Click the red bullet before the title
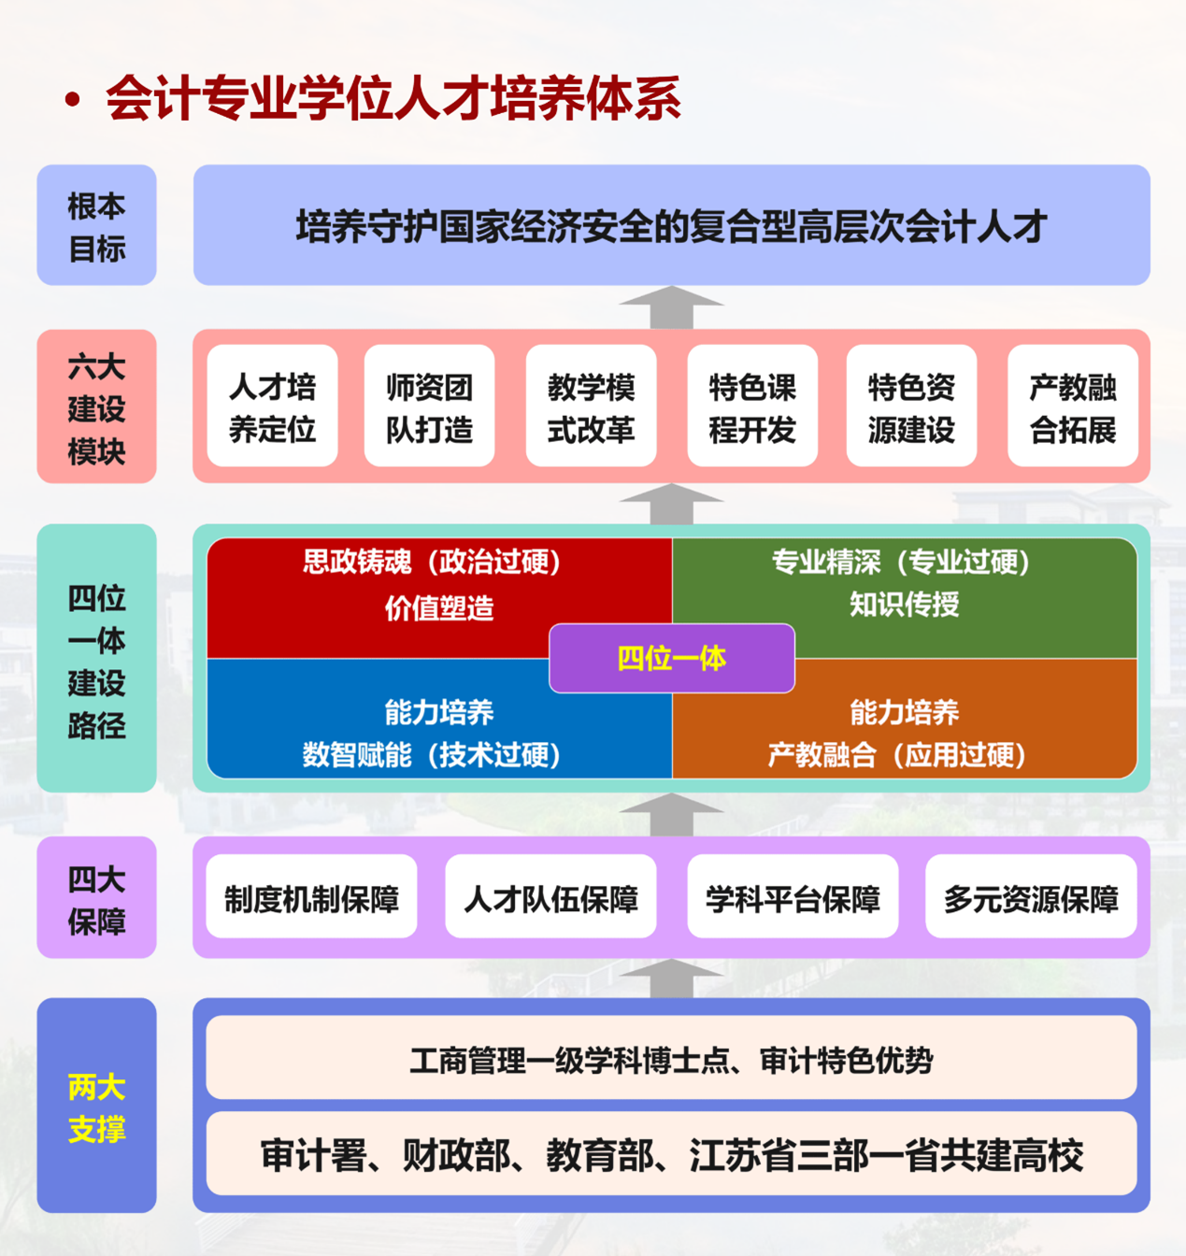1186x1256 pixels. click(72, 100)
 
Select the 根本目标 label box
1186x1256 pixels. click(96, 225)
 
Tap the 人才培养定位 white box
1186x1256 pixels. click(272, 406)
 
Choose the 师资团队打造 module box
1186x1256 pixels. click(429, 406)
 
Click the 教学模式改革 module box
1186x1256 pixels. click(591, 406)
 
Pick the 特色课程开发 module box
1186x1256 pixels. click(752, 406)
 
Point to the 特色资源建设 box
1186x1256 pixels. click(911, 406)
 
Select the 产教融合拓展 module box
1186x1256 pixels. click(1073, 406)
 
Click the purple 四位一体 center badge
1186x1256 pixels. click(672, 658)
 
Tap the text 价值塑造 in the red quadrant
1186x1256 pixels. click(438, 608)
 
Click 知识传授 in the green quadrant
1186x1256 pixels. click(904, 605)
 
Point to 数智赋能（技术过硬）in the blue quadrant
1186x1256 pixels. click(431, 754)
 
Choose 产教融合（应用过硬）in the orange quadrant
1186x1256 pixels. click(897, 754)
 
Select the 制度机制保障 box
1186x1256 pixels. click(311, 897)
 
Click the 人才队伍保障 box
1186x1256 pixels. click(550, 897)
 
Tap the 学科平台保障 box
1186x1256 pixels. click(793, 897)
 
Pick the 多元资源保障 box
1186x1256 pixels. click(1031, 897)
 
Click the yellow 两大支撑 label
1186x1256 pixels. click(96, 1107)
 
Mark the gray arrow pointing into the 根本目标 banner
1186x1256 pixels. click(671, 307)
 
